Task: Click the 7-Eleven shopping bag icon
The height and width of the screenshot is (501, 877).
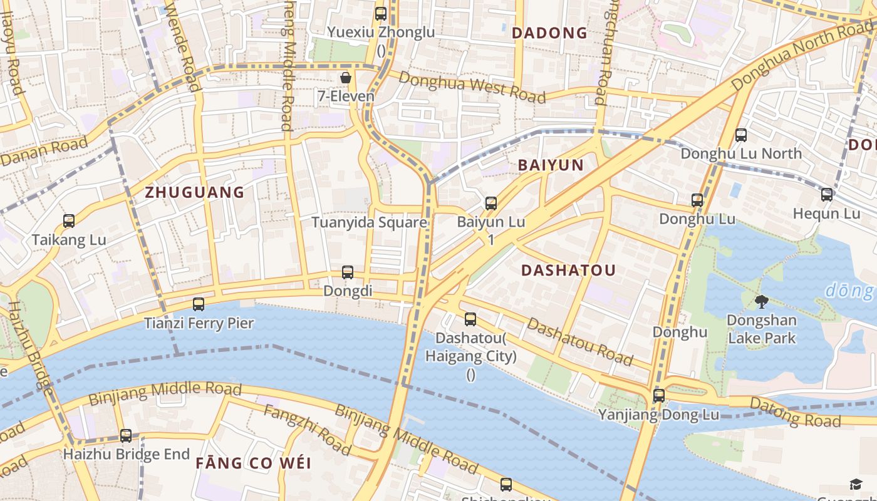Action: (345, 78)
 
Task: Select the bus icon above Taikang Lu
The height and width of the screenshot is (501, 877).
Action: (69, 221)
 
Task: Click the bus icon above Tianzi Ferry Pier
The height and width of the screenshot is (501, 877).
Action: (199, 304)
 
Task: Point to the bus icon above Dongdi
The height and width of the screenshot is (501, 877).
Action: (348, 272)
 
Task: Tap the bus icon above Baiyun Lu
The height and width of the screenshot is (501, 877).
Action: (491, 203)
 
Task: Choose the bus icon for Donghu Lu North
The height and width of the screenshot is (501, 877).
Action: (741, 135)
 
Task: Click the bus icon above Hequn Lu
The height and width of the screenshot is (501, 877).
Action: (827, 195)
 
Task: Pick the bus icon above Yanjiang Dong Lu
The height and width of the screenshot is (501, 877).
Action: (658, 396)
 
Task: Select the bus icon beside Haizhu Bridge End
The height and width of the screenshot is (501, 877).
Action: (126, 436)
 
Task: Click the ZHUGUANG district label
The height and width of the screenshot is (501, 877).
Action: (195, 192)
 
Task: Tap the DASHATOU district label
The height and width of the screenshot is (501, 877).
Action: (569, 271)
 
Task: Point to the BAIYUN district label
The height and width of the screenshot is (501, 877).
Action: (551, 165)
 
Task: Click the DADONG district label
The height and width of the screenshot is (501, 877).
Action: (550, 33)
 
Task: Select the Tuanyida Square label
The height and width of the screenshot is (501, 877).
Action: (370, 222)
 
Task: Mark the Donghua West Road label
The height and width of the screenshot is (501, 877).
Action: (472, 86)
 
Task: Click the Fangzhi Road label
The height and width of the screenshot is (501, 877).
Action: (307, 430)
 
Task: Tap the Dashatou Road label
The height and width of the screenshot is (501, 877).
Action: (579, 341)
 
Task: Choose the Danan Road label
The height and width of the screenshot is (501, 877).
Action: (44, 152)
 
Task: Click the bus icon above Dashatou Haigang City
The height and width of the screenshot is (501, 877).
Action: (470, 319)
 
